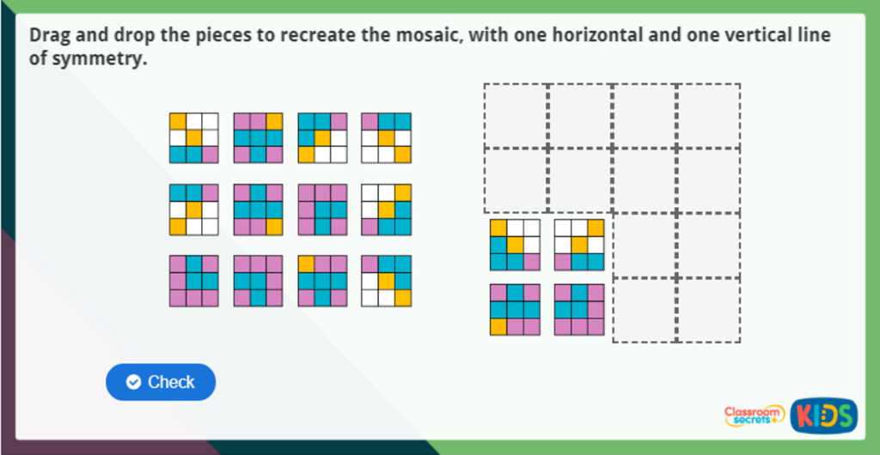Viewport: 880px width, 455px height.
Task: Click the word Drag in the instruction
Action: point(50,36)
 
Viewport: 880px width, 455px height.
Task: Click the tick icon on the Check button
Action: point(133,382)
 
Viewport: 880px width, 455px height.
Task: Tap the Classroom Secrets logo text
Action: point(754,416)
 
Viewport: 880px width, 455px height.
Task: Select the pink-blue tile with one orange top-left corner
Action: point(322,280)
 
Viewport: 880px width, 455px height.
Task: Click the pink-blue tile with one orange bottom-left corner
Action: point(515,309)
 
